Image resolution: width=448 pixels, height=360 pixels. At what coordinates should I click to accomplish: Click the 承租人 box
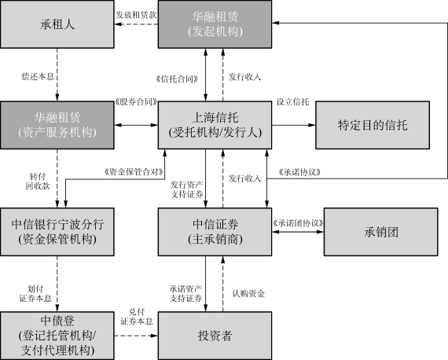coord(57,24)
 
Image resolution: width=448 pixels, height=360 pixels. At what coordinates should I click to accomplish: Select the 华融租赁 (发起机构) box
coord(215,24)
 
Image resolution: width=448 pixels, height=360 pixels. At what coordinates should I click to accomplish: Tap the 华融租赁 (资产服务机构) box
coord(57,125)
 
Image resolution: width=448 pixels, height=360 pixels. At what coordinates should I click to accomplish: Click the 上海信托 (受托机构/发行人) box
coord(215,125)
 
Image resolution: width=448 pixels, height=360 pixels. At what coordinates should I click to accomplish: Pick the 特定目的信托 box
coord(373,125)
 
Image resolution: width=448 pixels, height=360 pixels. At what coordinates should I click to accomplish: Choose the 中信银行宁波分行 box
coord(57,232)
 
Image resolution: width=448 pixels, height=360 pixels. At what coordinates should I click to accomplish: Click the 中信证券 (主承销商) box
coord(215,232)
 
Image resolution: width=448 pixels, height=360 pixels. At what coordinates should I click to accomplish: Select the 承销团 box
coord(381,232)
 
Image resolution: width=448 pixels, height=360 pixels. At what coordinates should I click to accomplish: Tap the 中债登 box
coord(57,336)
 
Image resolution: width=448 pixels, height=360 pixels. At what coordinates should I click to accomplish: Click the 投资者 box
coord(215,336)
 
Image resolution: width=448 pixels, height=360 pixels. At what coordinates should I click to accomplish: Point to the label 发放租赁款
coord(136,15)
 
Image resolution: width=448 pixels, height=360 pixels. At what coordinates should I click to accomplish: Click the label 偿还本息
coord(38,76)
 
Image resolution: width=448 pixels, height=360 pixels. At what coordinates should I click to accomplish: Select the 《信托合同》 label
coord(177,79)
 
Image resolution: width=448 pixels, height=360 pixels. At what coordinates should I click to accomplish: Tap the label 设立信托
coord(292,101)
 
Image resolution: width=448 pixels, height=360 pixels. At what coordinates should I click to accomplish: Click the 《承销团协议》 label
coord(299,223)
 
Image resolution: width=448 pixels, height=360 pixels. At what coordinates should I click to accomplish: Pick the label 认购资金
coord(248,293)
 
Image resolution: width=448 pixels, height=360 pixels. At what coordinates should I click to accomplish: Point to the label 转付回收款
coord(38,181)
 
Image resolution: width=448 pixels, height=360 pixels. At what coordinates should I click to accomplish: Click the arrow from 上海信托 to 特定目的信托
coord(294,125)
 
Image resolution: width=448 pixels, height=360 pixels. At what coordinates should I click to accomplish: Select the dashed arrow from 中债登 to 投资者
coord(136,336)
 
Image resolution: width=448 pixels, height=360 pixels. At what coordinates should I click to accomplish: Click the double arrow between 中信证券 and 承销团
coord(298,232)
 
